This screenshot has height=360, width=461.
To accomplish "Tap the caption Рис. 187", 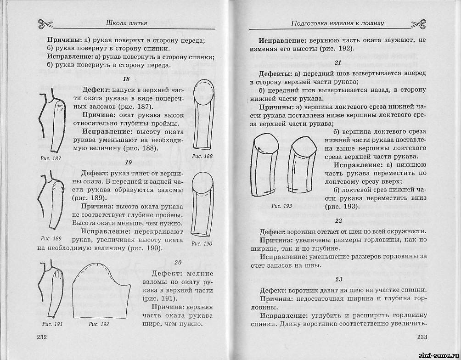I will pyautogui.click(x=51, y=158).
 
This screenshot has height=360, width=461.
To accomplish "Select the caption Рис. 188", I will pyautogui.click(x=202, y=157).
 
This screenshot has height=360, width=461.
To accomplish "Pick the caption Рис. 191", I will pyautogui.click(x=51, y=324).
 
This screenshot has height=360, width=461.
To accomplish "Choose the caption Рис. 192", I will pyautogui.click(x=98, y=324).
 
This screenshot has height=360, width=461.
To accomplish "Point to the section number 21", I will pyautogui.click(x=338, y=62).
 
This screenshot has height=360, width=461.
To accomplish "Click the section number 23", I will pyautogui.click(x=338, y=279).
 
